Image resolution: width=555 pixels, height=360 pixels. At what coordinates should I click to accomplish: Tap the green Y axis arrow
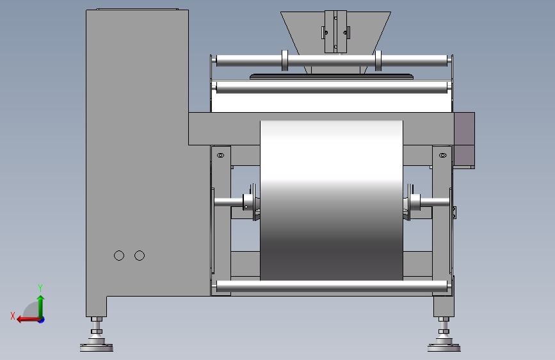point(41,307)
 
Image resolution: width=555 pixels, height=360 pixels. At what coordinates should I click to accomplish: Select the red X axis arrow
point(29,320)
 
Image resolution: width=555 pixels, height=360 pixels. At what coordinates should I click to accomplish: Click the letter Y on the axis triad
point(40,288)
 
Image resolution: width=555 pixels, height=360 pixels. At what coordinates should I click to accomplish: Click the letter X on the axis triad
point(13,316)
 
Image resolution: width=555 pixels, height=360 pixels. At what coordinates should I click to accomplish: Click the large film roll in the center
point(332,200)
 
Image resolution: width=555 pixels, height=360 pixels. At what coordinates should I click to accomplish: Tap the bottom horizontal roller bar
point(332,286)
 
